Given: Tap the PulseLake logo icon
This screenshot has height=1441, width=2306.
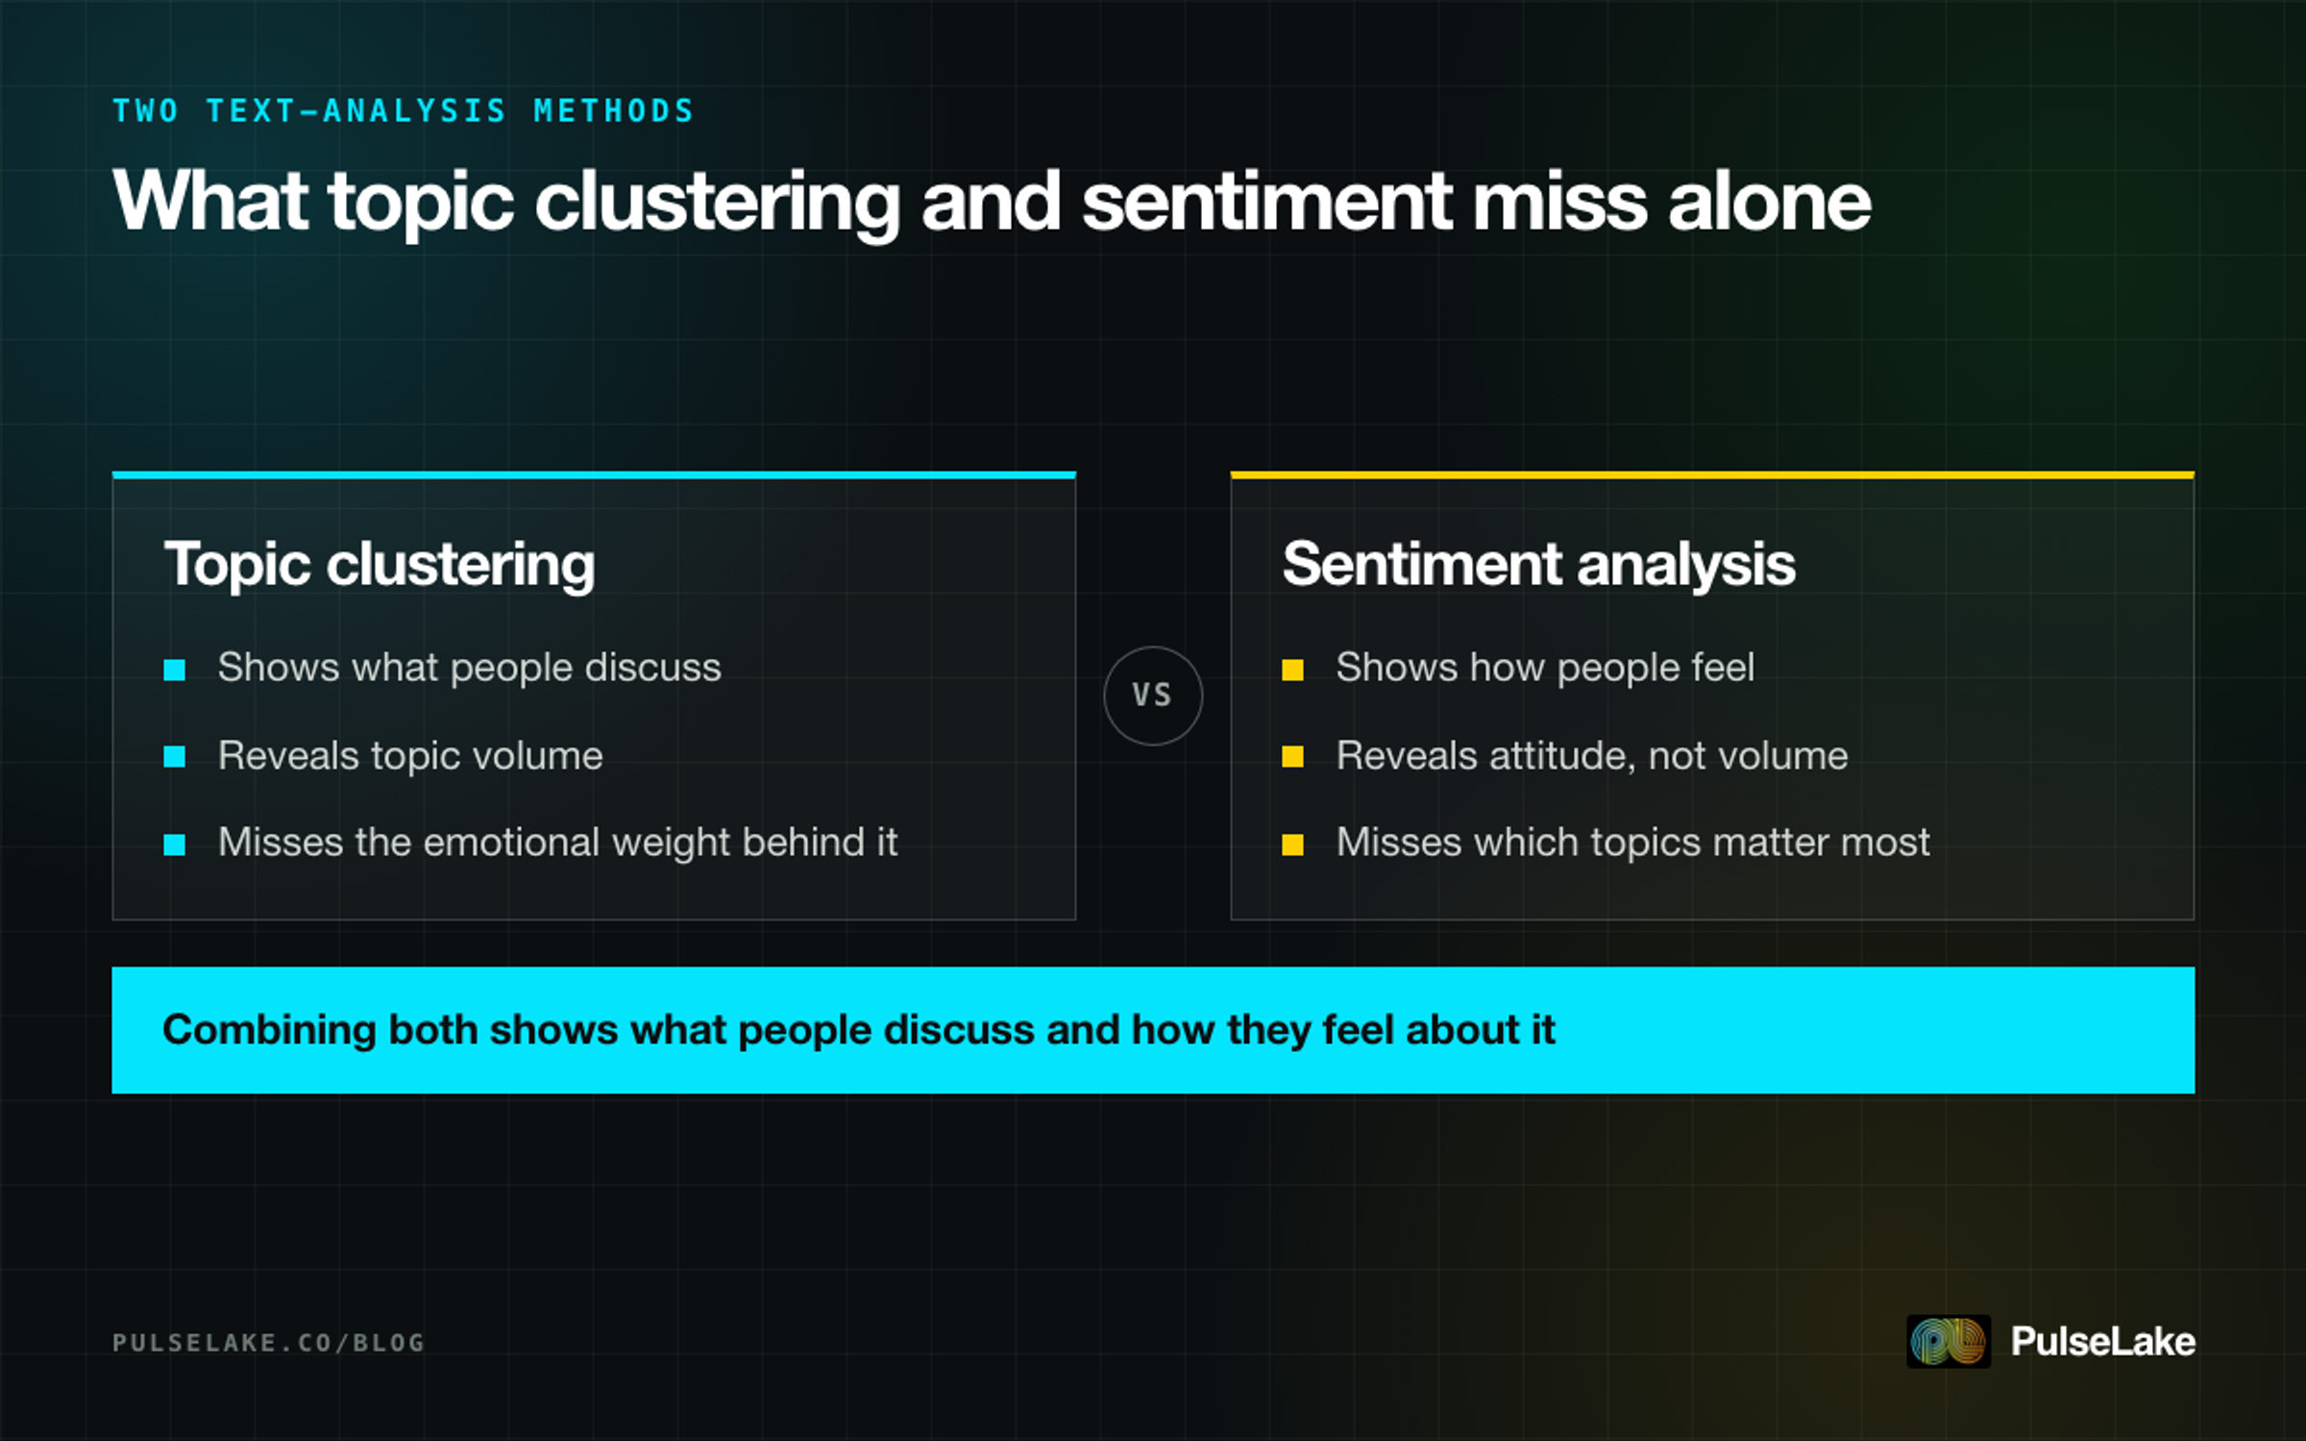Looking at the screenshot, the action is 1948,1341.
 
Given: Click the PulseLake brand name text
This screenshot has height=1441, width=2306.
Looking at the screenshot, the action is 2103,1341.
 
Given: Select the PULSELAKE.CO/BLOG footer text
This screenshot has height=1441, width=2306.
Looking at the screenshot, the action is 268,1342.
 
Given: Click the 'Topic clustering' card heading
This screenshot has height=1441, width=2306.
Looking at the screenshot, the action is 380,565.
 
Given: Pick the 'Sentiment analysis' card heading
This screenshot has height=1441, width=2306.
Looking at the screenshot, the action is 1538,564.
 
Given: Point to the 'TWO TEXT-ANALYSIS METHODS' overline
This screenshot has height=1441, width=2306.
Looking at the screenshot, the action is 403,111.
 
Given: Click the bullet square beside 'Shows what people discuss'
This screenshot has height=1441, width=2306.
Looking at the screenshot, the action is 175,670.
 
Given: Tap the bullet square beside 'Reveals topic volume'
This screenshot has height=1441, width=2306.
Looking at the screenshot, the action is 175,757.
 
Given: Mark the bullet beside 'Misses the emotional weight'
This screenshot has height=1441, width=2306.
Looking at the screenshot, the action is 175,844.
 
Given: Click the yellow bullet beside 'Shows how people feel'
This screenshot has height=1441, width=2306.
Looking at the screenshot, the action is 1293,670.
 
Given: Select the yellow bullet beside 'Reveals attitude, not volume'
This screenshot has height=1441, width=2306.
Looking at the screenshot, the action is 1293,757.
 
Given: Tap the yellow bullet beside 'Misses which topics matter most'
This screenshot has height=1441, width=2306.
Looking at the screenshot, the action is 1293,844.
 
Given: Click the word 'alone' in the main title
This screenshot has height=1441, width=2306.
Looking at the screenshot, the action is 1769,202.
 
